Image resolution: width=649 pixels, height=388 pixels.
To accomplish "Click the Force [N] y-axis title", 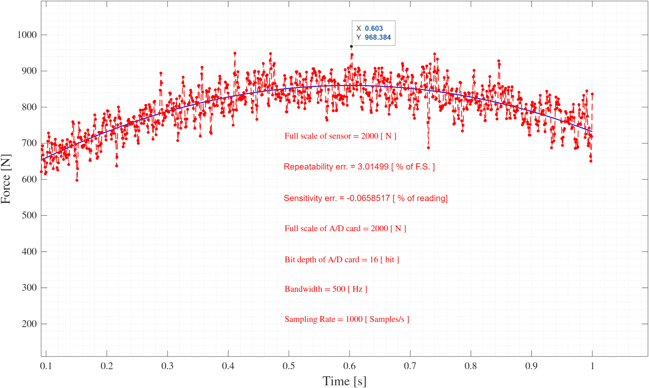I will coord(6,179).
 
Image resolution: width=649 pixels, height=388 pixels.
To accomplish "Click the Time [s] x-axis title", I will coord(344,381).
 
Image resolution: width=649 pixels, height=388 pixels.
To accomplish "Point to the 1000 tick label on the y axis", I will coord(27,35).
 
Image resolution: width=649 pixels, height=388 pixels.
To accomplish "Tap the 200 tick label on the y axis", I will coord(29,324).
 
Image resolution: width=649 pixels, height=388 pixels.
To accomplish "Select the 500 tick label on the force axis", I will coord(29,215).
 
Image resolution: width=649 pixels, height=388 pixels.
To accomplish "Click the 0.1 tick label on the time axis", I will coord(46,366).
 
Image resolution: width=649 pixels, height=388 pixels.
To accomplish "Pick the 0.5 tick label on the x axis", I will coord(289,366).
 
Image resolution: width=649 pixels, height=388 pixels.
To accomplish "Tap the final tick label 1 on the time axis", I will coord(592,366).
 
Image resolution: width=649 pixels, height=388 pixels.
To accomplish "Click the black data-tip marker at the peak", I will coord(351,47).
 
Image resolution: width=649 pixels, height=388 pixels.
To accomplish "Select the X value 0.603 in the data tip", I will coord(374,28).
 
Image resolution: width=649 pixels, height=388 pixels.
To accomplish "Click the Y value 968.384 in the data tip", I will coord(378,37).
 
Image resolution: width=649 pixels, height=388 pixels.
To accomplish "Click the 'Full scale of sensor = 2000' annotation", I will coord(340,136).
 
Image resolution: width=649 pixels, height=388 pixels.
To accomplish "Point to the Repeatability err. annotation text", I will coord(359,167).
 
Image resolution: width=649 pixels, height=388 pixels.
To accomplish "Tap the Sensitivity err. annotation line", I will coord(366,198).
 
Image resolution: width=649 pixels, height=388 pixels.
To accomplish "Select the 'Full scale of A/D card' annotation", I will coord(345,228).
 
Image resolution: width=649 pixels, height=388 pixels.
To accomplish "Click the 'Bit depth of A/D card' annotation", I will coord(342,260).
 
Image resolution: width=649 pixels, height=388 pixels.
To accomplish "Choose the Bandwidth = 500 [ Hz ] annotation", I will coord(326,289).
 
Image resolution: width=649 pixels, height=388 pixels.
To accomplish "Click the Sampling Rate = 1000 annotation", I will coord(347,319).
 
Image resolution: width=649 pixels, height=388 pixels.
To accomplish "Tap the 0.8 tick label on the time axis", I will coord(470,366).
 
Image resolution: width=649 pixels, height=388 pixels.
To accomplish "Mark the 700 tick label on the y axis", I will coord(29,143).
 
